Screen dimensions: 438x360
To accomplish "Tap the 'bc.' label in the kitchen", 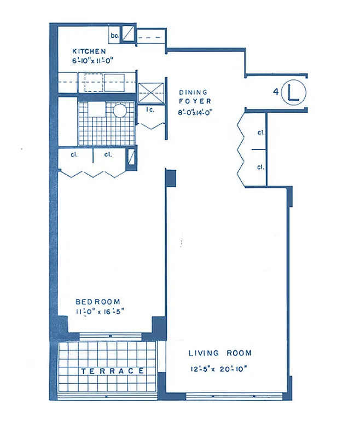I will point(114,36).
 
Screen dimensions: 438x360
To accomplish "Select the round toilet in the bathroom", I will point(120,111).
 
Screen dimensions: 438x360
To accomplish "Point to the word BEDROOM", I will point(98,302).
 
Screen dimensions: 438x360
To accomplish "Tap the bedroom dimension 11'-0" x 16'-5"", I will point(101,312).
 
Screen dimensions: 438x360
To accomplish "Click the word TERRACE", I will point(113,371).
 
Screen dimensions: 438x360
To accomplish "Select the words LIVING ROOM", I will point(220,353).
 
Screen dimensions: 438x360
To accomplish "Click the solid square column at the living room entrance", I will point(170,177).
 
